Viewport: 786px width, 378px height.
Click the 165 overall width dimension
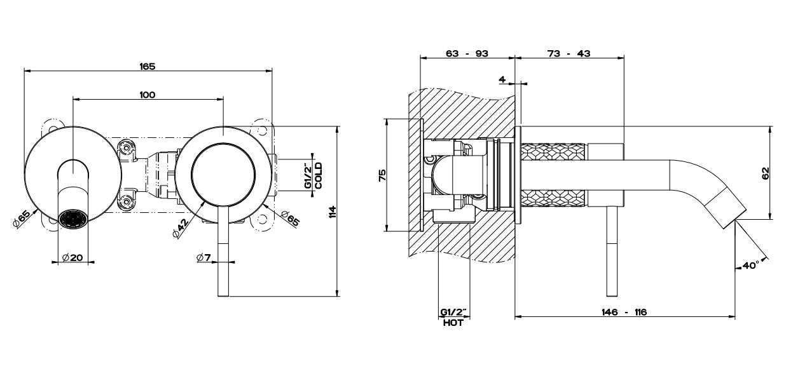click(147, 65)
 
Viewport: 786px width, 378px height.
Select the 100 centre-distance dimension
click(147, 95)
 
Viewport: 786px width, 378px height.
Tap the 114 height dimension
click(332, 212)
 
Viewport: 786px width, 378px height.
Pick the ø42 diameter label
click(180, 228)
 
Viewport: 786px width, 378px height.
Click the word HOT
click(453, 323)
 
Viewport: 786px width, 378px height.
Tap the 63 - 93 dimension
click(467, 54)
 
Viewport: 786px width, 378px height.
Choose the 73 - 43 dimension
click(569, 54)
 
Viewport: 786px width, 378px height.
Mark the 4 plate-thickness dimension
click(502, 79)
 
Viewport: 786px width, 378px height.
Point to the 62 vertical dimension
click(765, 172)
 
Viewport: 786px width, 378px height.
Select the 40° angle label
click(751, 266)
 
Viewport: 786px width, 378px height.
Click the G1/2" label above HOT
click(453, 313)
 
